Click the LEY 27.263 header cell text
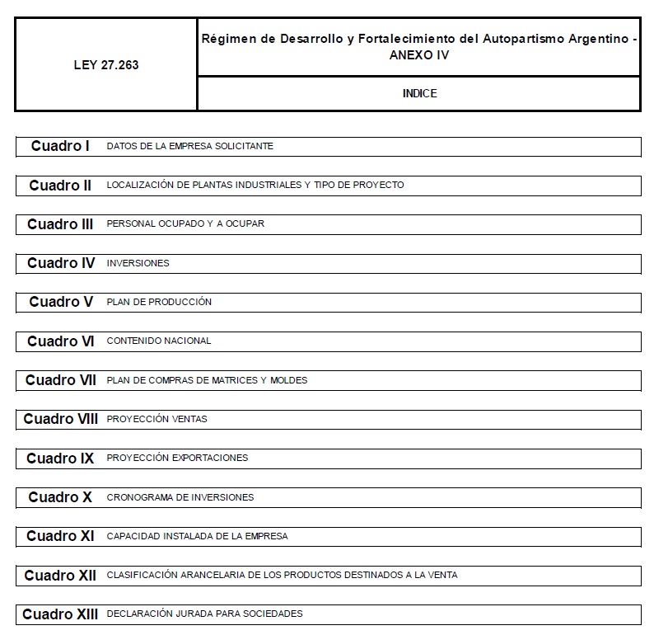pos(105,65)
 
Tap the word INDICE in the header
pos(419,93)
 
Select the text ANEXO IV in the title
pos(419,54)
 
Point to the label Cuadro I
pos(60,146)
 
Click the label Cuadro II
pos(60,186)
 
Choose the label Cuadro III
pos(60,224)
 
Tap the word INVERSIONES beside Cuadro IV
pos(138,263)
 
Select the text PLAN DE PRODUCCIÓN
pos(159,302)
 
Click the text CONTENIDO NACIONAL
pos(159,341)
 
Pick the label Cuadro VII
pos(60,380)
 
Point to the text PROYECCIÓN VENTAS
pos(156,419)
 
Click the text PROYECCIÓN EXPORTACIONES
pos(177,458)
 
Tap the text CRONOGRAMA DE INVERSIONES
pos(180,497)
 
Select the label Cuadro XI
pos(60,536)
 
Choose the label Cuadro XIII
pos(60,614)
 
